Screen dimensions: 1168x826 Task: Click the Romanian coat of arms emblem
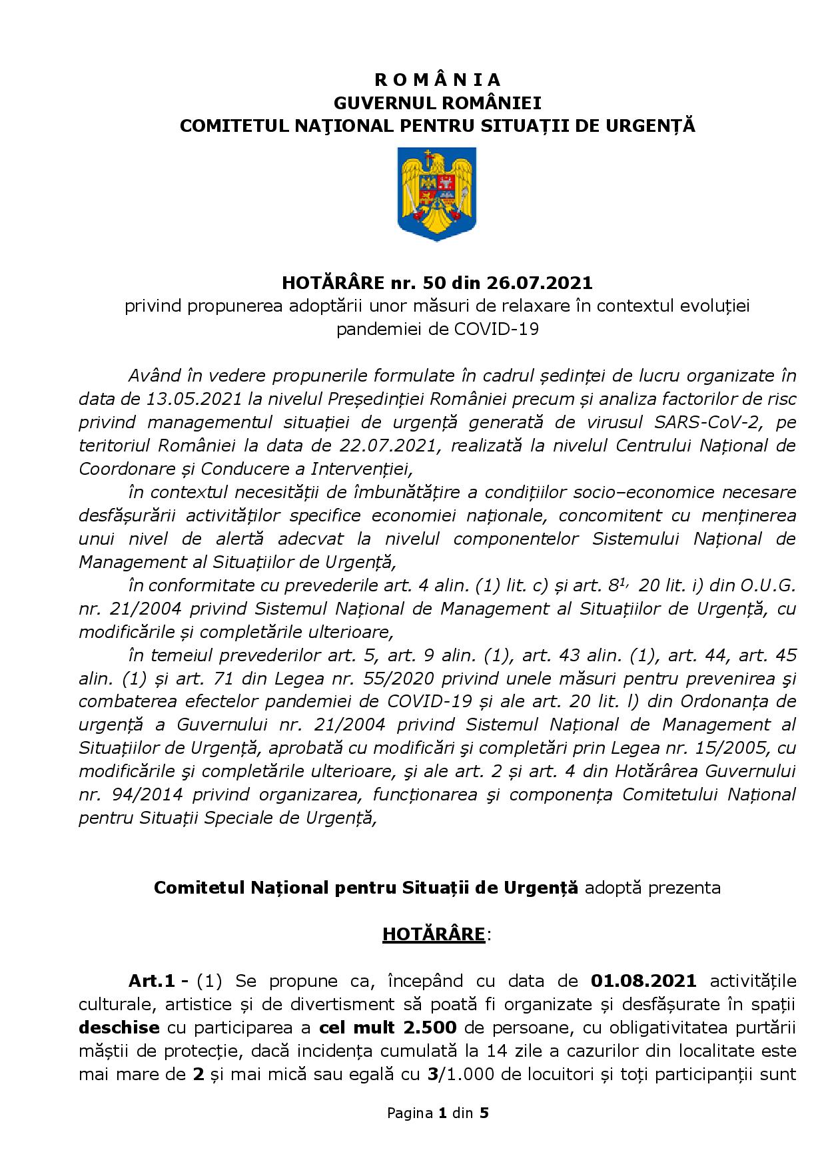[437, 194]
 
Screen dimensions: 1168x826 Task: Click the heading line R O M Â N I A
[437, 80]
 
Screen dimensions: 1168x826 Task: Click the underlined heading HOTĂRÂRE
[434, 934]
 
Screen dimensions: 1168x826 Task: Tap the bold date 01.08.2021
[643, 981]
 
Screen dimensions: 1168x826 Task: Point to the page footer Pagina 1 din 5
[438, 1131]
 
